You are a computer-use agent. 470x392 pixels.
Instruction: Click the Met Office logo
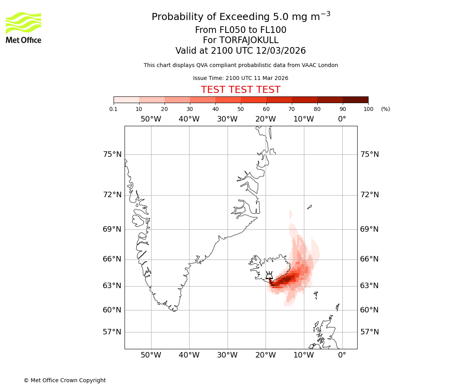tap(23, 27)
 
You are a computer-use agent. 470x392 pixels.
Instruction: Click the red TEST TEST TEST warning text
tap(240, 90)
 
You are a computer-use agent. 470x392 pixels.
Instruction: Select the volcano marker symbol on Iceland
tap(269, 276)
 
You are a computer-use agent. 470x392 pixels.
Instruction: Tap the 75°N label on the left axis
tap(112, 154)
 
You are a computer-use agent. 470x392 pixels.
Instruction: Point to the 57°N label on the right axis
tap(369, 332)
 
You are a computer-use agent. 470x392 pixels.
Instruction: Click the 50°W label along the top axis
tap(151, 119)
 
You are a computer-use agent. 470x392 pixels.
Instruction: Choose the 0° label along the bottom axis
tap(342, 355)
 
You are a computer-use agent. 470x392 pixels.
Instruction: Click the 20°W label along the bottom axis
tap(266, 355)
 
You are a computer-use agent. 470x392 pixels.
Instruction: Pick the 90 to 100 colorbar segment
tap(355, 100)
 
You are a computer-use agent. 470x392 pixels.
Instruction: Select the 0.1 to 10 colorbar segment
tap(126, 100)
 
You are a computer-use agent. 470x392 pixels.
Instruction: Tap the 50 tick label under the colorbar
tap(240, 109)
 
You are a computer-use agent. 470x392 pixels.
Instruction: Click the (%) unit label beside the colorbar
tap(385, 109)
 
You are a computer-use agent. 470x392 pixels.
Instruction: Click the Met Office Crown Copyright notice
tap(65, 380)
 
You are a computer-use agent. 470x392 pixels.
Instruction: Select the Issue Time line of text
tap(240, 78)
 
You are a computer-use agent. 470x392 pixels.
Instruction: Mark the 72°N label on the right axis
tap(369, 195)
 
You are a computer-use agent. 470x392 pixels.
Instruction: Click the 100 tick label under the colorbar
tap(368, 109)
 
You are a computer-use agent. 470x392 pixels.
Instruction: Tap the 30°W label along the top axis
tap(227, 119)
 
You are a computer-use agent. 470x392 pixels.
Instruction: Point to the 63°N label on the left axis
tap(112, 286)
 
